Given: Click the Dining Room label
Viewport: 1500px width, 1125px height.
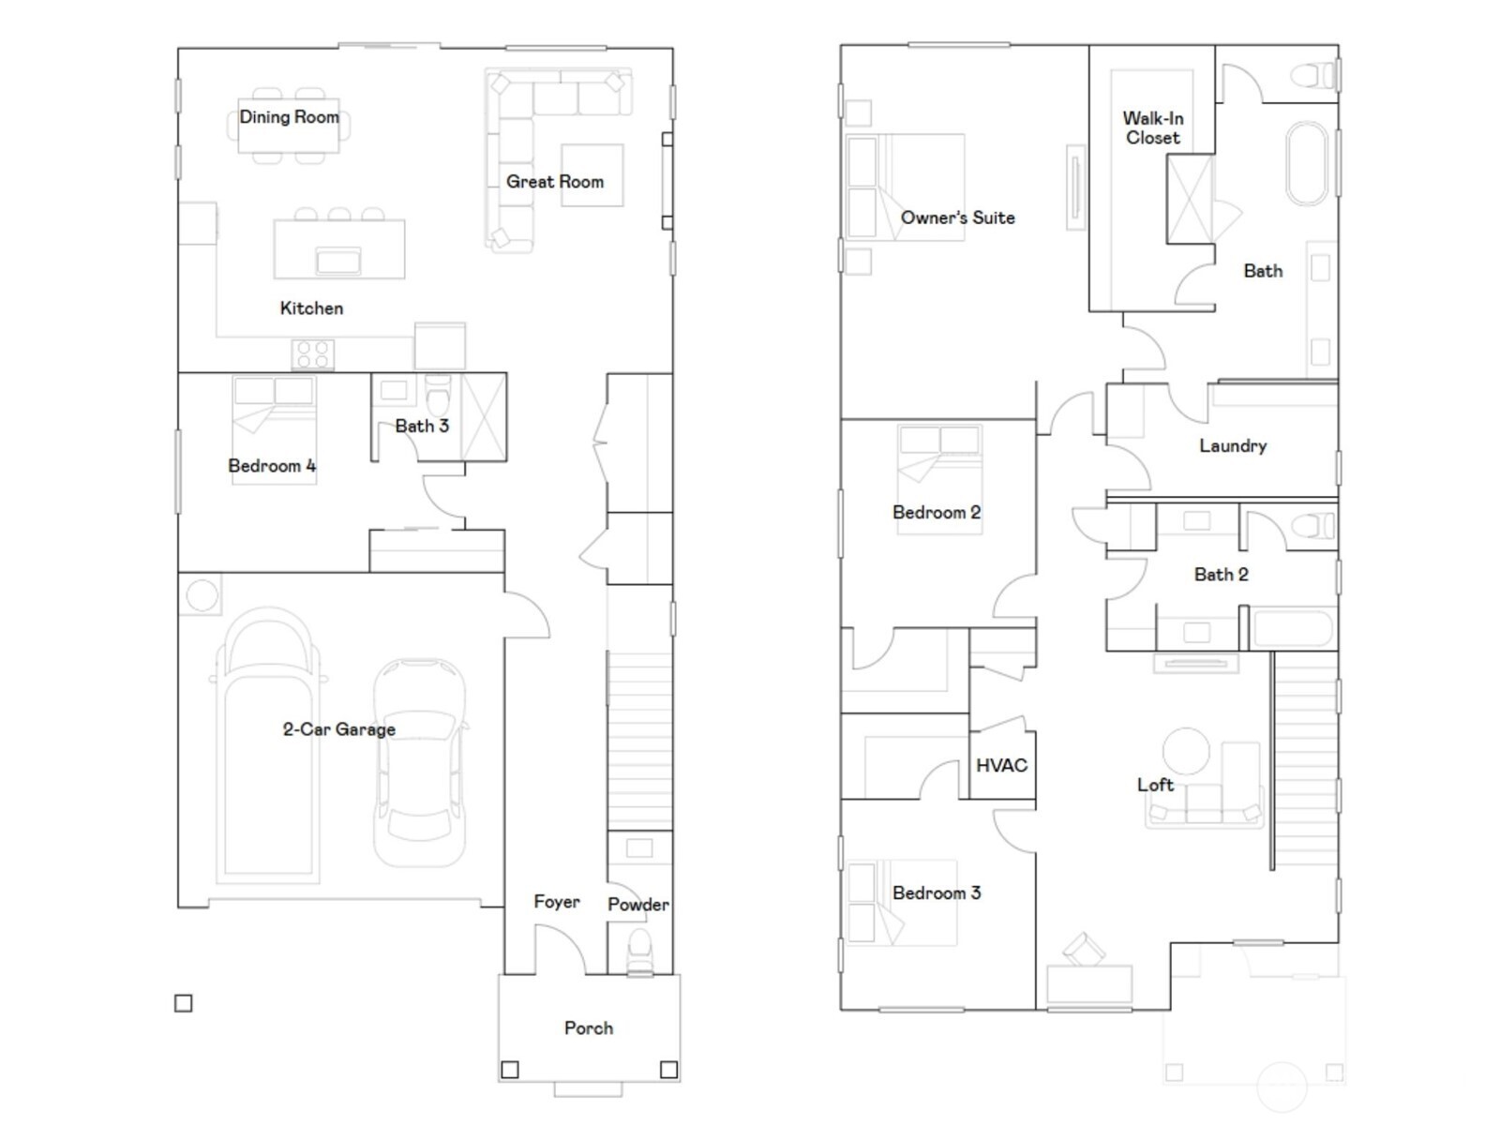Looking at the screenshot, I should pos(289,117).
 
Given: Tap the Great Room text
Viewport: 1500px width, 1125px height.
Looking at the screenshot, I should pos(555,182).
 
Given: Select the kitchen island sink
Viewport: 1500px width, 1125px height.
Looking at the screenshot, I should pos(338,260).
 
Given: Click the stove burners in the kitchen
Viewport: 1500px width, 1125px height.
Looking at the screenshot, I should pos(312,355).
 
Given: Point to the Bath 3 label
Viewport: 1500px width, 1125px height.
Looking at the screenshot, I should pos(422,426).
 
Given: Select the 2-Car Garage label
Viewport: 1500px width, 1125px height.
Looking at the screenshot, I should pos(338,729).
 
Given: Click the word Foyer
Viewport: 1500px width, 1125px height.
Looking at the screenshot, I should pos(557,902).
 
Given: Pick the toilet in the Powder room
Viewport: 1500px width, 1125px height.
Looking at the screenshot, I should pos(639,951).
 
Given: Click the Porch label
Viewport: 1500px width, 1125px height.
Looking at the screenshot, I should pos(589,1028).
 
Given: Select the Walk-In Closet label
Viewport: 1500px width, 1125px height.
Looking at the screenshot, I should pos(1153,128).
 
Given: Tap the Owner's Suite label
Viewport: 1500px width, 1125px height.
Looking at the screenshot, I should pos(957,217).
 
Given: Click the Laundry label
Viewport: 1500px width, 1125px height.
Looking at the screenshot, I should pos(1233,446).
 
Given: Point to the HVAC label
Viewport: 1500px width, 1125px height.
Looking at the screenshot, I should pos(1001,766).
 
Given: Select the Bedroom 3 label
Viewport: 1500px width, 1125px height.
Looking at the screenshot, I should pos(937,893).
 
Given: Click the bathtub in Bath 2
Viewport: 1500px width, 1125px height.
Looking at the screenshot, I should pos(1293,630).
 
